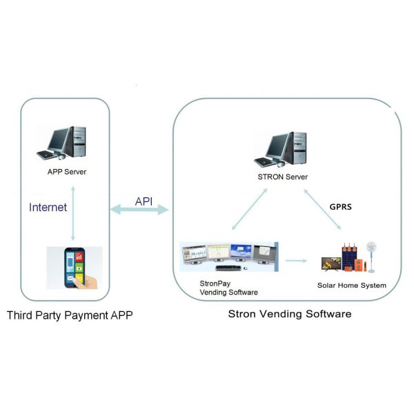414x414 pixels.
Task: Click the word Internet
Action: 48,206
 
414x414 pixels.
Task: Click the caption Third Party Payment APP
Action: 69,316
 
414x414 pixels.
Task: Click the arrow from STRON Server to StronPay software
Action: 248,210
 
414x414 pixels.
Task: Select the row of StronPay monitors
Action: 228,257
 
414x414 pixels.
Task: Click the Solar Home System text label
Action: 352,285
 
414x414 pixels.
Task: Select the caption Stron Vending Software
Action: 290,314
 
